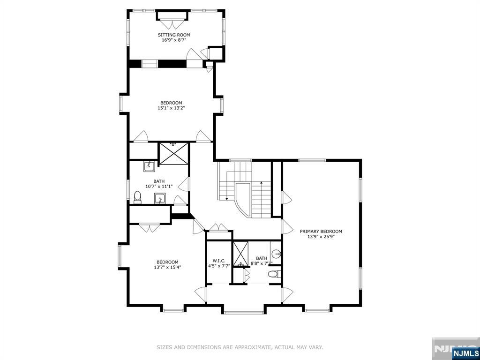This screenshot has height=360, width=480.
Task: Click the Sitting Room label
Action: [x=173, y=35]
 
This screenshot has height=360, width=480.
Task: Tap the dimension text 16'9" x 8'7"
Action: [x=173, y=40]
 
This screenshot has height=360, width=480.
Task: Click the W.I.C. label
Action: [x=219, y=261]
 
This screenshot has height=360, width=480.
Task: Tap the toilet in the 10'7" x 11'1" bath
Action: [x=137, y=198]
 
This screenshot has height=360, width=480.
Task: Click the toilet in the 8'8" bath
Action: [x=274, y=273]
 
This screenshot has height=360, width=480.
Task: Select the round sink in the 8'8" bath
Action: [x=276, y=255]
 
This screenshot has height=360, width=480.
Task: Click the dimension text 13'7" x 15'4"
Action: [x=167, y=267]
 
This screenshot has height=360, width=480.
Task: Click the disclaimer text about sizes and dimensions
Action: [x=240, y=347]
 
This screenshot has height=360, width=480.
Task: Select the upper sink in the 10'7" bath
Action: [x=149, y=166]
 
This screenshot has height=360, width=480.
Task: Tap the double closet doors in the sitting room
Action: [x=172, y=24]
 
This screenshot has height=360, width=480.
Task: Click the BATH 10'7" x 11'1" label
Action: [x=159, y=184]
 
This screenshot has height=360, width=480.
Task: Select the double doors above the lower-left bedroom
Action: [x=150, y=228]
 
